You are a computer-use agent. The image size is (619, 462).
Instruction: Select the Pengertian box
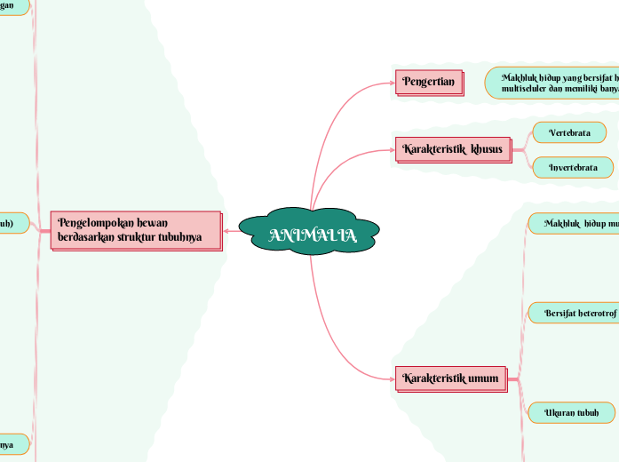pos(429,83)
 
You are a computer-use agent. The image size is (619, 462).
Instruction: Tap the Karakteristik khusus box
pos(453,148)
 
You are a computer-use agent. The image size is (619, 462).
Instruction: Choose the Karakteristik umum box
pos(450,378)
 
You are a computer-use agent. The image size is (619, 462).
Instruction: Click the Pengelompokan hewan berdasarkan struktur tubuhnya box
pos(135,230)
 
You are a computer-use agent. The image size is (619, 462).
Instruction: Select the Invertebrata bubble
pos(573,167)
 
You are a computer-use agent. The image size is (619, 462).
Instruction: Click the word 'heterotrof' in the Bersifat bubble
pos(591,313)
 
